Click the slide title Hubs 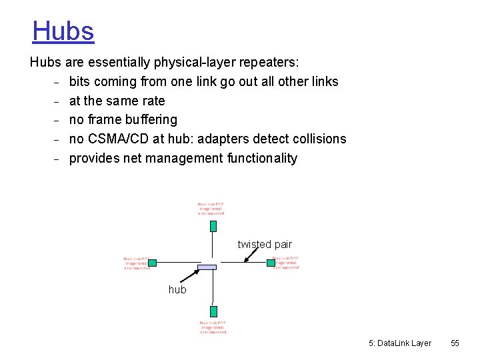(63, 31)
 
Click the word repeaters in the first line (269, 63)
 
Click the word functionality (262, 159)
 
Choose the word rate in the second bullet (154, 101)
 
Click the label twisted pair (265, 245)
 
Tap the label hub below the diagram (177, 290)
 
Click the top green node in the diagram (213, 225)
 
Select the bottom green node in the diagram (213, 311)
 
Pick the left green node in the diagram (152, 263)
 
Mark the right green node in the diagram (271, 263)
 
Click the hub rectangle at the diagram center (207, 267)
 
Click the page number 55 (455, 343)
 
